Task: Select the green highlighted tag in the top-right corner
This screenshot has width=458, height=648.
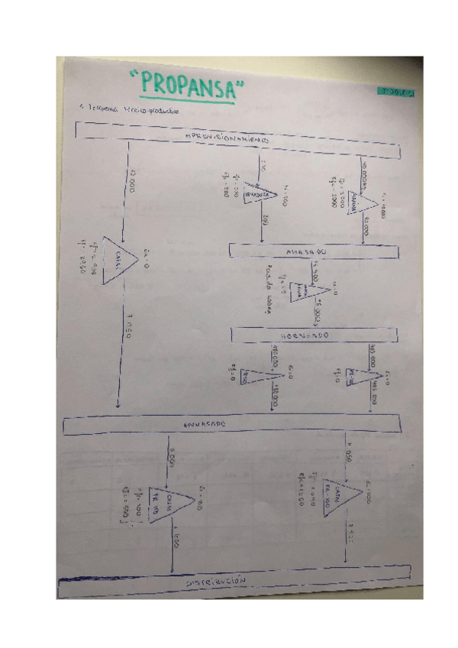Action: (395, 92)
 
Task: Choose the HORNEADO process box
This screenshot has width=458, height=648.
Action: (313, 335)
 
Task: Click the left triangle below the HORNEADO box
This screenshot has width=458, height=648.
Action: (256, 374)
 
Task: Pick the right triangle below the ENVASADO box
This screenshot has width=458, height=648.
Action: (339, 501)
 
